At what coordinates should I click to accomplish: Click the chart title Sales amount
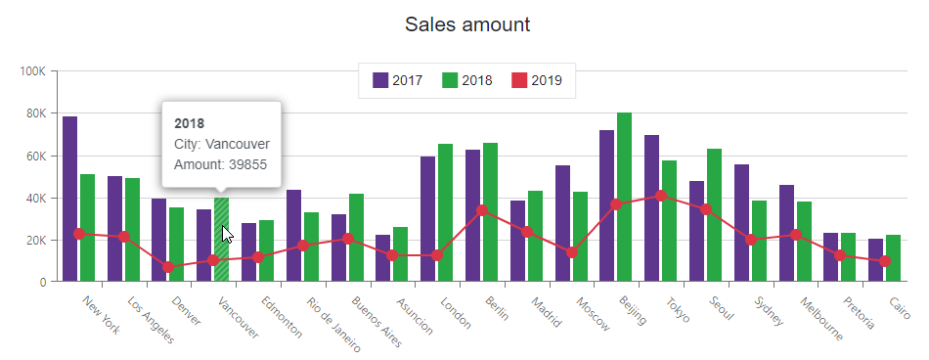point(467,24)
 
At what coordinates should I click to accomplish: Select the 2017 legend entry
point(397,80)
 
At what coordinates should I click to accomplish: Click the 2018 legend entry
point(467,80)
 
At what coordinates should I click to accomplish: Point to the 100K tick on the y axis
point(32,71)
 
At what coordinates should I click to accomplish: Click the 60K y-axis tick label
point(35,156)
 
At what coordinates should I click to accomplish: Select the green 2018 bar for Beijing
point(624,197)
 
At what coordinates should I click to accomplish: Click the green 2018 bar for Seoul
point(714,215)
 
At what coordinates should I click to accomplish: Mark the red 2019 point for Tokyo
point(661,196)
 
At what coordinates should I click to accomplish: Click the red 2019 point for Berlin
point(482,210)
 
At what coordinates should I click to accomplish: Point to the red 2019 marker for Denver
point(168,267)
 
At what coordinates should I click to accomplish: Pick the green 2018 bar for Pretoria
point(849,257)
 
